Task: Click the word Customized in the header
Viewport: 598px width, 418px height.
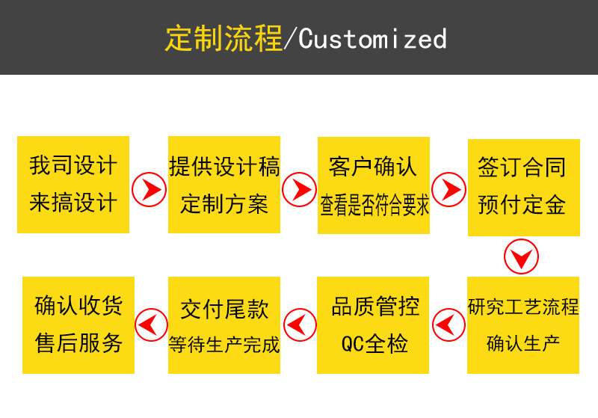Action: coord(372,38)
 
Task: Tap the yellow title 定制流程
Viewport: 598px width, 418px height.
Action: coord(224,38)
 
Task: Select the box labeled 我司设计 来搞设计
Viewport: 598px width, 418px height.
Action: coord(73,184)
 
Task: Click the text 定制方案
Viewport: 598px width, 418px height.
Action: coord(224,203)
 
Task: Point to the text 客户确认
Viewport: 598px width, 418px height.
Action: coord(374,166)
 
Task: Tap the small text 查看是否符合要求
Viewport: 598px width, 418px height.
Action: coord(374,205)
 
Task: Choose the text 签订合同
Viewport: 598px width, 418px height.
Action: coord(522,166)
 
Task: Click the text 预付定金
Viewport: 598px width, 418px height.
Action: coord(522,204)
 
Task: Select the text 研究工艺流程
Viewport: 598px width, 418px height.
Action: coord(523,307)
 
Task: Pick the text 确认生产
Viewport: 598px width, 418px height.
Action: coord(523,344)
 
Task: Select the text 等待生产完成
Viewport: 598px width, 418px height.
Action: coord(224,345)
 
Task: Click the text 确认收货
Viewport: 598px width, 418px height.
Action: coord(78,306)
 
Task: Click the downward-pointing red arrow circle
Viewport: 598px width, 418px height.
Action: coord(521,257)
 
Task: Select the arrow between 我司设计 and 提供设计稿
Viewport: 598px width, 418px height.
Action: coord(149,189)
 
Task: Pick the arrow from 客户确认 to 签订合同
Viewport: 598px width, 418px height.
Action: coord(449,189)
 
